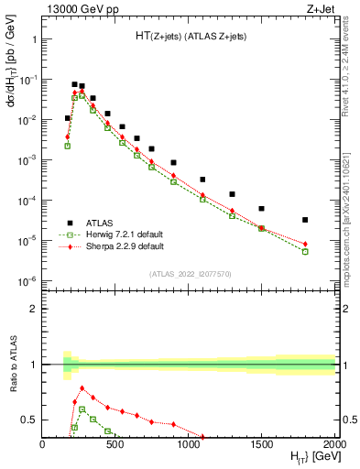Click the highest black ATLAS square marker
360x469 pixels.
coord(74,84)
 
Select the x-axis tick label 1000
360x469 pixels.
coord(189,445)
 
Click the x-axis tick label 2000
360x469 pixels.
coord(333,445)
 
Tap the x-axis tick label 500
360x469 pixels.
coord(115,445)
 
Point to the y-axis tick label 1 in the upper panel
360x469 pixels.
coord(33,39)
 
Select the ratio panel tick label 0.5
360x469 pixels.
coord(29,420)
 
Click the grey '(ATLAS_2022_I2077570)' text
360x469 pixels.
coord(190,273)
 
